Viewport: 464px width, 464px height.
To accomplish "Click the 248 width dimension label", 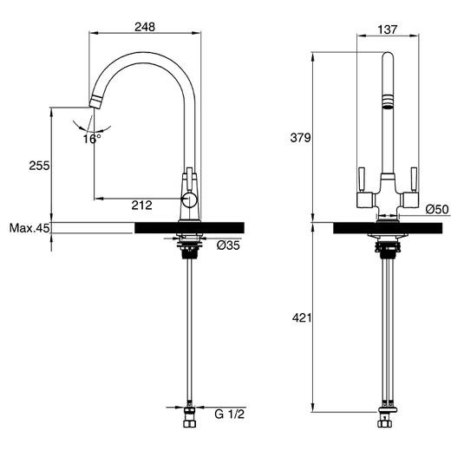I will pyautogui.click(x=145, y=27).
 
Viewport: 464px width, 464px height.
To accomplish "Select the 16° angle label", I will pyautogui.click(x=92, y=138).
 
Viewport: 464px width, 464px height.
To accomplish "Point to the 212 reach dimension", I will pyautogui.click(x=143, y=206).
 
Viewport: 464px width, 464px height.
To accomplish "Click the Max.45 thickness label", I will pyautogui.click(x=29, y=229).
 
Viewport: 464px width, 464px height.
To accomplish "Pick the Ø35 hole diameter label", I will pyautogui.click(x=227, y=246).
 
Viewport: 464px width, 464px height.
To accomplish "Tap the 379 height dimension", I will pyautogui.click(x=300, y=138).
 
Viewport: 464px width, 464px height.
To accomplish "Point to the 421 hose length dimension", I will pyautogui.click(x=300, y=319).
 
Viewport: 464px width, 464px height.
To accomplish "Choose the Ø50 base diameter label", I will pyautogui.click(x=436, y=208).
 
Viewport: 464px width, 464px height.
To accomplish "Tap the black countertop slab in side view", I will pyautogui.click(x=189, y=227).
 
